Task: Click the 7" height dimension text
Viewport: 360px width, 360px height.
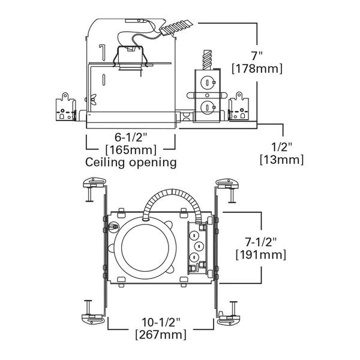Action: [x=257, y=55]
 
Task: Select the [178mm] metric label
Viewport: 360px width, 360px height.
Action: [x=257, y=69]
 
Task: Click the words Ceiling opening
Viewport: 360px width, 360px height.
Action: [x=131, y=162]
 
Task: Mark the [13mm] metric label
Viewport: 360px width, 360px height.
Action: [x=281, y=160]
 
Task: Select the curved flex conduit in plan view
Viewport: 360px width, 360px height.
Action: [x=172, y=199]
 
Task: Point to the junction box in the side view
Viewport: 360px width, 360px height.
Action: [x=206, y=96]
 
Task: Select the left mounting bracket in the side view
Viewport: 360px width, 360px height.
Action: [x=67, y=106]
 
